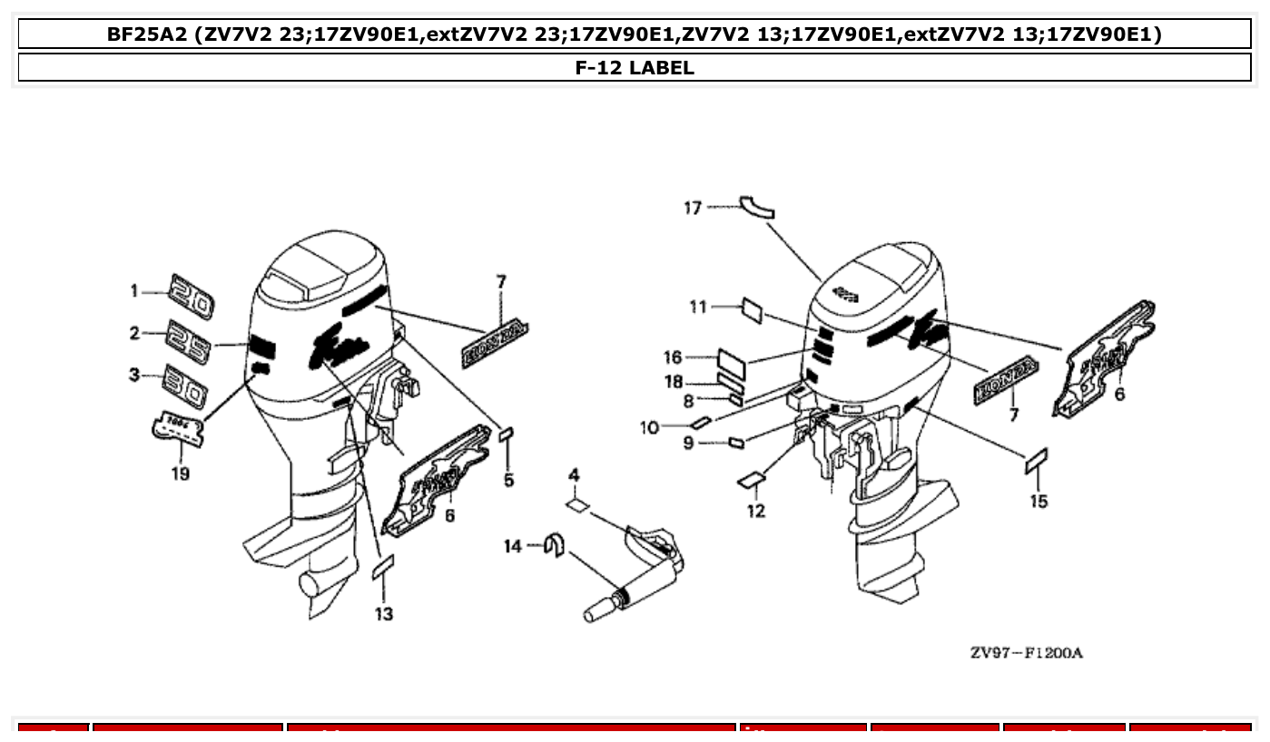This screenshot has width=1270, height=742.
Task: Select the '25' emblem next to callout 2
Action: [188, 340]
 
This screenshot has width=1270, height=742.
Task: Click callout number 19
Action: [181, 474]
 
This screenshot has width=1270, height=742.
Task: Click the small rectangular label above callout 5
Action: [507, 436]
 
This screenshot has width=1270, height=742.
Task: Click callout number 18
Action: [673, 383]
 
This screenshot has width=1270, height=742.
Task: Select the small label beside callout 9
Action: [737, 443]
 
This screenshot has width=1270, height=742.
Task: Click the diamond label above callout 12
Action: [753, 478]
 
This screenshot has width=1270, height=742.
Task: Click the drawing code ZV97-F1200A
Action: [1026, 653]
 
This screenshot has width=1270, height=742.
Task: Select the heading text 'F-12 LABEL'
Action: [635, 67]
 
